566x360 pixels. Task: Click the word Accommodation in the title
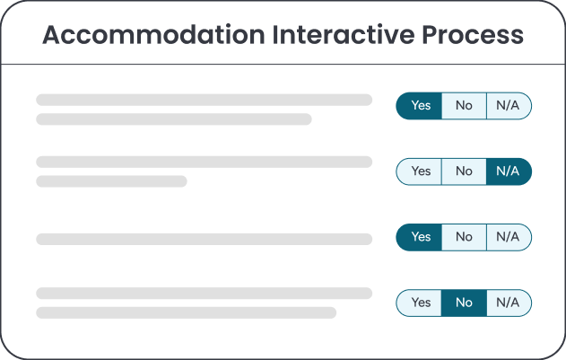click(x=153, y=35)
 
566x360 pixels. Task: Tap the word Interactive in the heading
click(x=344, y=35)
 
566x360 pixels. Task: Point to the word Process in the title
click(x=473, y=35)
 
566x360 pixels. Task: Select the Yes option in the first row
click(x=419, y=106)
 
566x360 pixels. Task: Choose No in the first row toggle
click(x=464, y=106)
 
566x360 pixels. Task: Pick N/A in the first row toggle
click(x=509, y=106)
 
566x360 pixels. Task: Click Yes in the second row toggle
click(x=419, y=171)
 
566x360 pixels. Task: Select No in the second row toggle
click(x=464, y=171)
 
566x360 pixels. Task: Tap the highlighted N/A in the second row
click(x=509, y=171)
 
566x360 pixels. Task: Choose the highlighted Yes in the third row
click(x=419, y=237)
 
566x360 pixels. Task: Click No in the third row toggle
click(x=464, y=237)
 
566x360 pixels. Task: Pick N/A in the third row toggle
click(x=509, y=237)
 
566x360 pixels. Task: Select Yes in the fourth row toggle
click(x=419, y=303)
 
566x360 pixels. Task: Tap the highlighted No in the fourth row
click(x=464, y=303)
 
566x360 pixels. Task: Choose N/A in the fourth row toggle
click(x=509, y=303)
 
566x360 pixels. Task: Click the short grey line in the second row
click(x=111, y=181)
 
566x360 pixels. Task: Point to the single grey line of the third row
click(x=204, y=240)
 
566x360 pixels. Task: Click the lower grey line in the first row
click(x=174, y=119)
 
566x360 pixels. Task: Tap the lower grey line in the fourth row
click(x=187, y=312)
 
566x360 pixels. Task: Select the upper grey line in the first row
click(x=204, y=100)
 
